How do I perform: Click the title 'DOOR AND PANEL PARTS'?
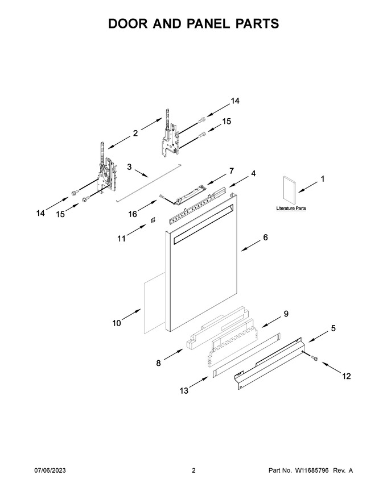point(193,24)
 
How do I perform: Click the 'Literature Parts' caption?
point(291,208)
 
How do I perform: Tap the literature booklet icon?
point(289,189)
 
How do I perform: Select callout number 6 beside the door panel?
point(265,238)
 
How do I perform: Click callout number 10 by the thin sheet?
point(117,323)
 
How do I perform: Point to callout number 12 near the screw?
point(347,376)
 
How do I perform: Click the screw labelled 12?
point(314,359)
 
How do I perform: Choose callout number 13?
point(184,390)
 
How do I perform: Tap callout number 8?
point(158,363)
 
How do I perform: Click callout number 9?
point(286,314)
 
